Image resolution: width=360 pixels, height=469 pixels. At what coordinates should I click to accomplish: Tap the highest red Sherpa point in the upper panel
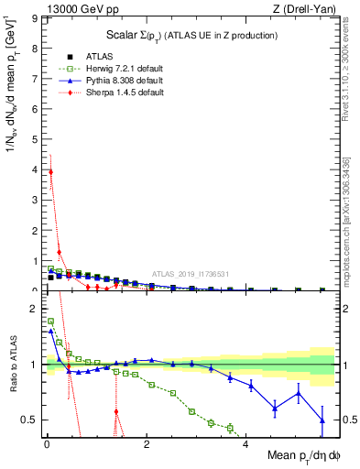(x=50, y=171)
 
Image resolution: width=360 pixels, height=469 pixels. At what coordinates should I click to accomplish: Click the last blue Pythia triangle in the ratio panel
(x=322, y=420)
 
